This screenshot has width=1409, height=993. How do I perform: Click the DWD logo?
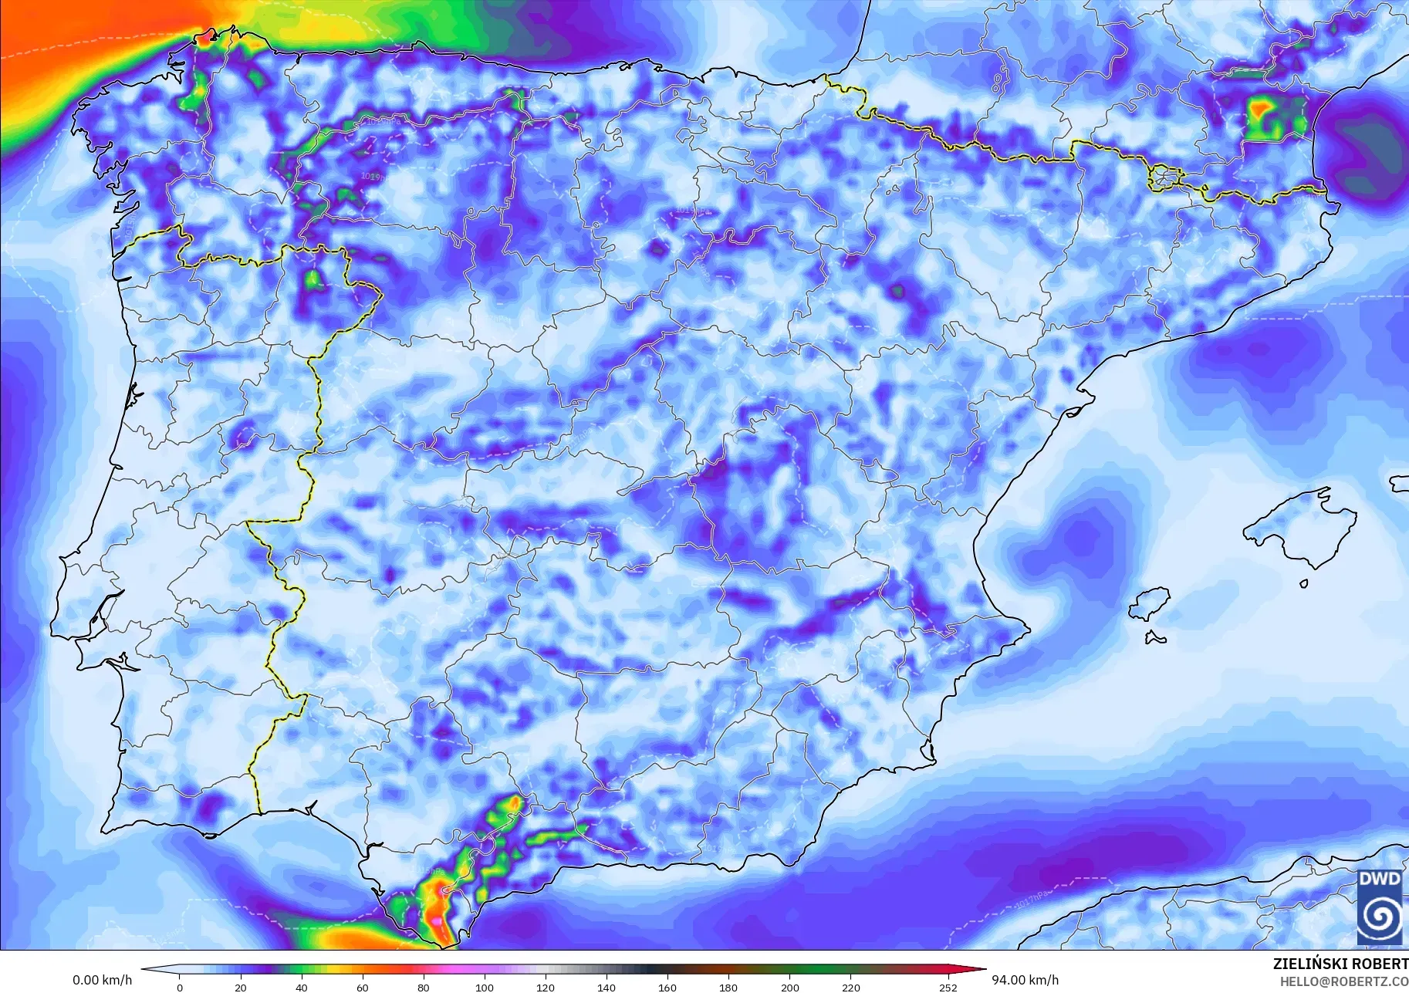click(x=1380, y=906)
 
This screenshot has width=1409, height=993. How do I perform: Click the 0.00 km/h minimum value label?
click(x=102, y=980)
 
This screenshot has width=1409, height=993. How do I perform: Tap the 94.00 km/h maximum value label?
click(x=1025, y=980)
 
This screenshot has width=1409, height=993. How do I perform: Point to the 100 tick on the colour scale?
click(x=485, y=988)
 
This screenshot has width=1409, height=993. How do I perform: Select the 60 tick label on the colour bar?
click(x=363, y=988)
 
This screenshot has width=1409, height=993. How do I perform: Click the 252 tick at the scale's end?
click(x=948, y=988)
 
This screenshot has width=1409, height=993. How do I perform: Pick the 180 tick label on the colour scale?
click(x=728, y=988)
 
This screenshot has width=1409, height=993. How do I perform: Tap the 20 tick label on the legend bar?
click(x=241, y=988)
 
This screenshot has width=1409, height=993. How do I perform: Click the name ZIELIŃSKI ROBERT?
click(x=1340, y=964)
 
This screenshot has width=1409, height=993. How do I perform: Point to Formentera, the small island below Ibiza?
click(x=1154, y=637)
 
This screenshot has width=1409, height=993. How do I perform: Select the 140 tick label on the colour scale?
click(x=607, y=988)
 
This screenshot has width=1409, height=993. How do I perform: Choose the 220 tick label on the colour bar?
click(x=850, y=988)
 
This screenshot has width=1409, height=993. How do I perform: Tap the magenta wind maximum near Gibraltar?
click(x=438, y=920)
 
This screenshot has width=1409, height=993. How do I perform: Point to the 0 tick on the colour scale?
click(x=180, y=988)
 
